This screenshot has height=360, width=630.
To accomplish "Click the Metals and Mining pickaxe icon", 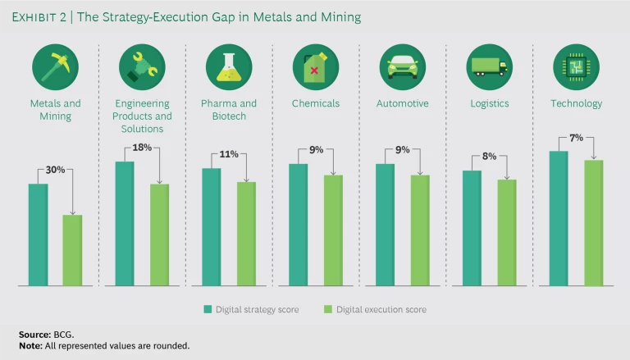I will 55,66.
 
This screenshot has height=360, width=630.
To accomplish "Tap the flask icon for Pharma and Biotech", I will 229,66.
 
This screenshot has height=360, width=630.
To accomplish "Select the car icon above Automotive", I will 402,66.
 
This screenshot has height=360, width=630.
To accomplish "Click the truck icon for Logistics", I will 489,66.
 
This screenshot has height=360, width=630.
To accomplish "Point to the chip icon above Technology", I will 576,66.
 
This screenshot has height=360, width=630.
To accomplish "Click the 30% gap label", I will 55,171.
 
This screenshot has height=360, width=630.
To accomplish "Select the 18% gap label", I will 142,148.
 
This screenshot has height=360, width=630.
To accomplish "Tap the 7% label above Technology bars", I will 577,138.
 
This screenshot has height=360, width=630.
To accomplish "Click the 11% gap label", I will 229,155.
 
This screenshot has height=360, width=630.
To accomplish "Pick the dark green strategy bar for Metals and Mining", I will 39,235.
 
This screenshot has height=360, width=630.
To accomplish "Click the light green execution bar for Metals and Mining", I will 72,250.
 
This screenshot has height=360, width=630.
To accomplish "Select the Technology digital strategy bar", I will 559,218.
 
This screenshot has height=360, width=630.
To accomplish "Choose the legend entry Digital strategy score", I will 252,309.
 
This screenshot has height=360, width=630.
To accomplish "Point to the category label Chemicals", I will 316,104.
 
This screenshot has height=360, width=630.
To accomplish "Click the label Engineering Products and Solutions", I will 142,116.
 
